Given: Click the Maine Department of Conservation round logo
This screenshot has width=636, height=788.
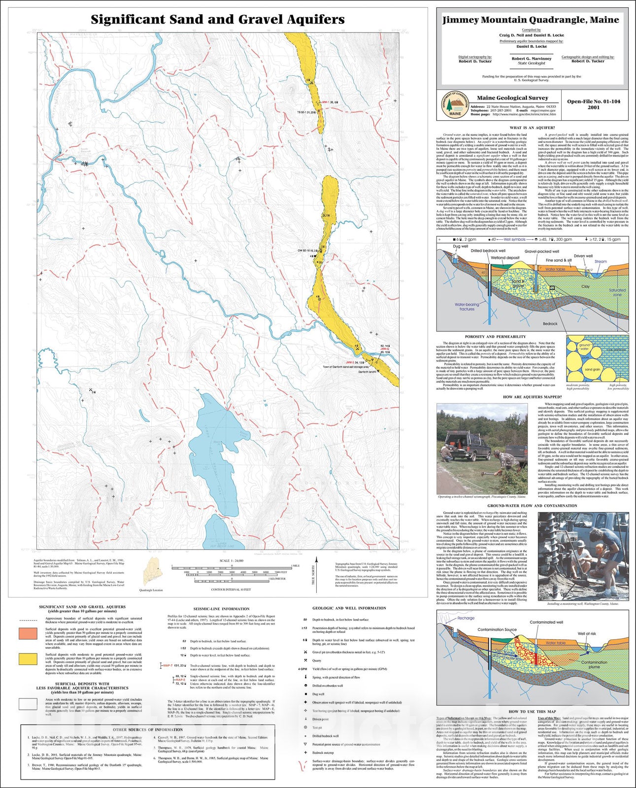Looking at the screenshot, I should tap(455, 105).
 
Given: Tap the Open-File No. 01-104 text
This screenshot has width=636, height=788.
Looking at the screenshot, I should tap(594, 102).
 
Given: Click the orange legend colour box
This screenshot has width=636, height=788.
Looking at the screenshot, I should tap(28, 633).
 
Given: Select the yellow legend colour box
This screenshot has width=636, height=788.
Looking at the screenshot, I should tap(28, 659).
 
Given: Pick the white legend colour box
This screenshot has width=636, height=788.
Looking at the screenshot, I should tap(28, 704).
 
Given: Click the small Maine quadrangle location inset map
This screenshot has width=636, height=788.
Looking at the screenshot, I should tap(151, 572).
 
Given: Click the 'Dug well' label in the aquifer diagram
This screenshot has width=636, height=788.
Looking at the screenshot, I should tap(460, 246).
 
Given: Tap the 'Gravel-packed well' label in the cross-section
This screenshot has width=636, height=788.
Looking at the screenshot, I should tap(541, 251).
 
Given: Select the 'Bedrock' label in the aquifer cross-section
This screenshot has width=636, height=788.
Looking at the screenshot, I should tap(550, 324).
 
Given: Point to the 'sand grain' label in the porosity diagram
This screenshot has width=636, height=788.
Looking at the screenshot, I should tap(592, 369).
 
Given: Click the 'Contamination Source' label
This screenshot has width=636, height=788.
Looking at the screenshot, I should tap(497, 629).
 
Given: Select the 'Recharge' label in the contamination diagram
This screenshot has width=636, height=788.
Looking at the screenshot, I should tap(466, 618).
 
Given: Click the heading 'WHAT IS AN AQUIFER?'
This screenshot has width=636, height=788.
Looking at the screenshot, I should tap(533, 128).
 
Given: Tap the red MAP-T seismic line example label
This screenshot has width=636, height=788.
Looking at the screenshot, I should tap(168, 665).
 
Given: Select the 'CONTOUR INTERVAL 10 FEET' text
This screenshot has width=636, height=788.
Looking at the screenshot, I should tap(232, 589).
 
